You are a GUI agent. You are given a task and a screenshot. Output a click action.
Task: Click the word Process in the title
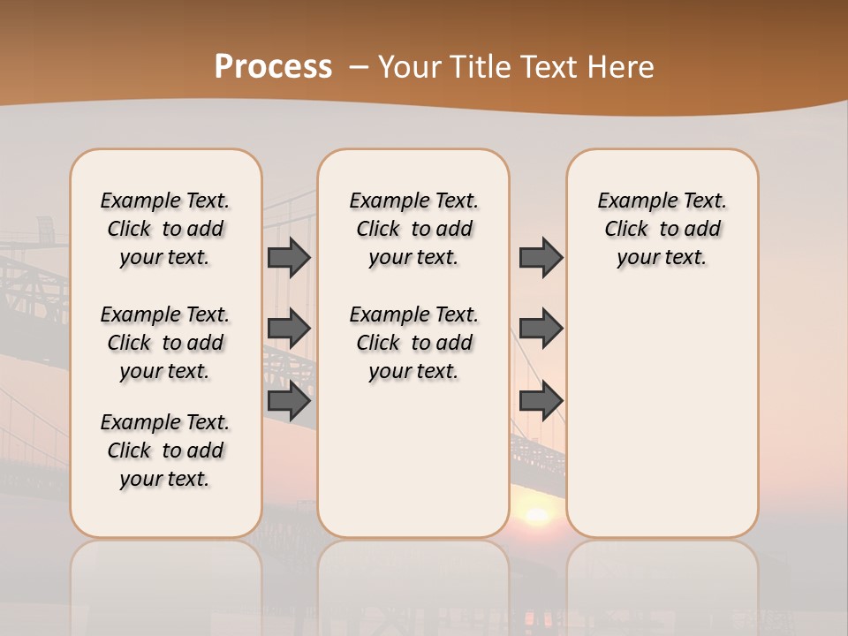coord(273,67)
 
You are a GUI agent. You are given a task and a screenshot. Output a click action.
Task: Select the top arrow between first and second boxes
coord(289,257)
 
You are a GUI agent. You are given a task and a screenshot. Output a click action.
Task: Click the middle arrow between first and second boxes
coord(289,329)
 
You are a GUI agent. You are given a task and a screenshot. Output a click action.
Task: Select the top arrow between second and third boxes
coord(541,257)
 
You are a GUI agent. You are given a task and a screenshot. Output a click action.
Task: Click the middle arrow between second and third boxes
coord(541,329)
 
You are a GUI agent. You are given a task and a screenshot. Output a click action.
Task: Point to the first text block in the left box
coord(165,229)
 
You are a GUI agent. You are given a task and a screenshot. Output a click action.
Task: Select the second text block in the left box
coord(165,343)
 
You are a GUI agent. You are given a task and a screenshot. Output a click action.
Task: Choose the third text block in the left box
coord(165,450)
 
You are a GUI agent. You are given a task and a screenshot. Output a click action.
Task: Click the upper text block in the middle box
coord(413,229)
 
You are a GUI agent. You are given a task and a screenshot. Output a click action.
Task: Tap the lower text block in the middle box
coord(413,343)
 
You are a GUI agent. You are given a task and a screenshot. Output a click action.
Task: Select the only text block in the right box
coord(662,229)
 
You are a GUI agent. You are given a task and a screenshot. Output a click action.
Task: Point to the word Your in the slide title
coord(411,67)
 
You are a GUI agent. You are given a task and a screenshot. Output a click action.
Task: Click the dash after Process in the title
coord(360,67)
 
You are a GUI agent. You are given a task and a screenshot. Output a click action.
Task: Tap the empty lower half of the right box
coord(662,424)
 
